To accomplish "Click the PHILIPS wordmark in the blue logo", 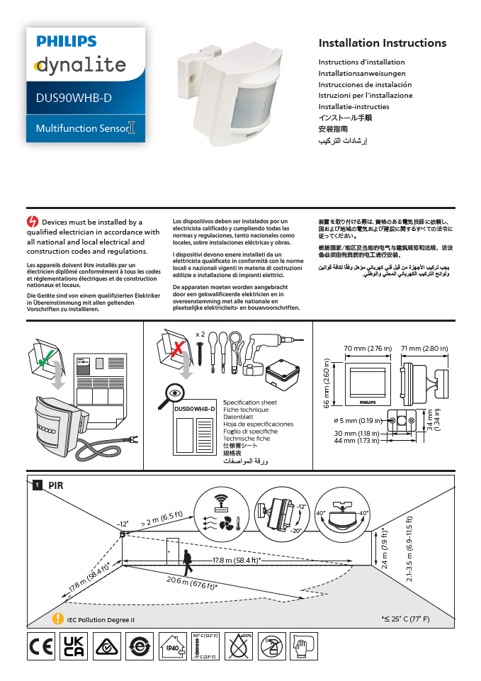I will point(66,42).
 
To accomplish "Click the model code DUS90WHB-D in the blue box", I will point(74,99).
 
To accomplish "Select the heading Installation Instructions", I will point(382,43).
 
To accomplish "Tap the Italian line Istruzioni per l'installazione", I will point(365,95).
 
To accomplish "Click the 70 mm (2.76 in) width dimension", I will point(368,349).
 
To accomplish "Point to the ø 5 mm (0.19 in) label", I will point(358,421).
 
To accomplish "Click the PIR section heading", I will point(55,485).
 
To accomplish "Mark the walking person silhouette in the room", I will point(187,561).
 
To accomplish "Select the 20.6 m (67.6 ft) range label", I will point(191,582).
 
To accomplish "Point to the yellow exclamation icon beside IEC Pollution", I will point(59,619).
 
